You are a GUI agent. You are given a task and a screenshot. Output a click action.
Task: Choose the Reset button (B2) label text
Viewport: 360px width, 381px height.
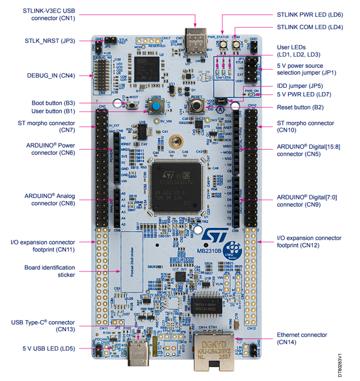point(300,107)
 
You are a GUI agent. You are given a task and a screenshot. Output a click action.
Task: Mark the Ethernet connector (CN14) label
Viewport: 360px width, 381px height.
point(302,339)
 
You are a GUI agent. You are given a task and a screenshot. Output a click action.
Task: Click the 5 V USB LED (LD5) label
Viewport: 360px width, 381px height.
point(49,349)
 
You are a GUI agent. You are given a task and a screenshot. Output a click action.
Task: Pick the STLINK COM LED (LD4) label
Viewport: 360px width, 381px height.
point(310,26)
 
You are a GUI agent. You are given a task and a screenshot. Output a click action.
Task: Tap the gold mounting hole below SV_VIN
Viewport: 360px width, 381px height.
point(175,142)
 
